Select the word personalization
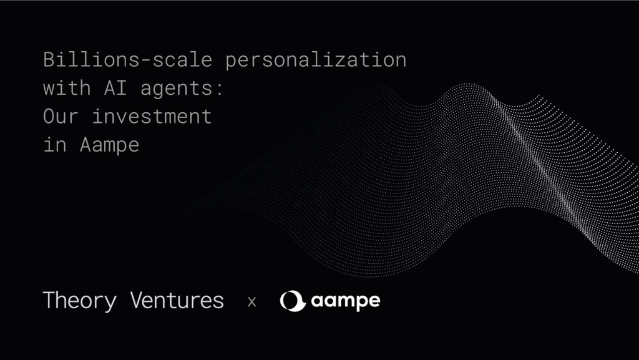pyautogui.click(x=316, y=61)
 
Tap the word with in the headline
pyautogui.click(x=67, y=89)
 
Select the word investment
pyautogui.click(x=152, y=117)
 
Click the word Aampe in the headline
pyautogui.click(x=110, y=145)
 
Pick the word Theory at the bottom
pyautogui.click(x=79, y=301)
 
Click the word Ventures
pyautogui.click(x=177, y=301)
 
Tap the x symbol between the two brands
pyautogui.click(x=252, y=302)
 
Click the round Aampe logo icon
pyautogui.click(x=292, y=301)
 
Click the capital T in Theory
pyautogui.click(x=49, y=300)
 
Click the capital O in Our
pyautogui.click(x=49, y=117)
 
